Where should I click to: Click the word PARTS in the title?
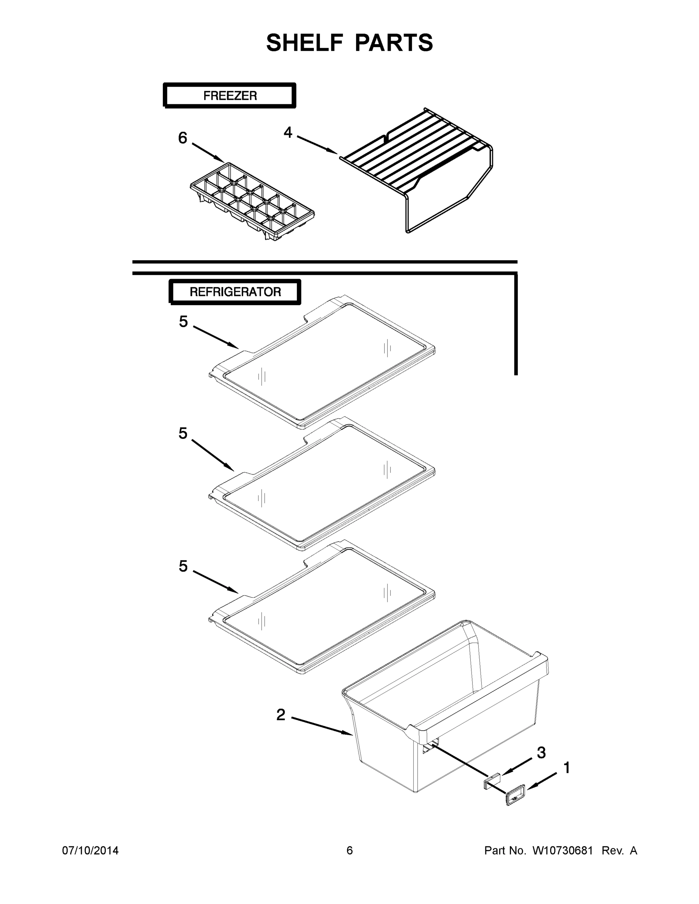point(394,43)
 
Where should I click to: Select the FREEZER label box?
point(229,96)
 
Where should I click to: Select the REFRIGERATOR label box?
point(235,292)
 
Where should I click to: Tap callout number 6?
point(183,138)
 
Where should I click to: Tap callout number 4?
point(288,133)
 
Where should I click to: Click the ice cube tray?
point(252,201)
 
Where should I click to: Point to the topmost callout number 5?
point(184,322)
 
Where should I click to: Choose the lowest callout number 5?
point(184,566)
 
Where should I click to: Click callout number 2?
point(281,715)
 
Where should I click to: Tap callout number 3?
point(541,753)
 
